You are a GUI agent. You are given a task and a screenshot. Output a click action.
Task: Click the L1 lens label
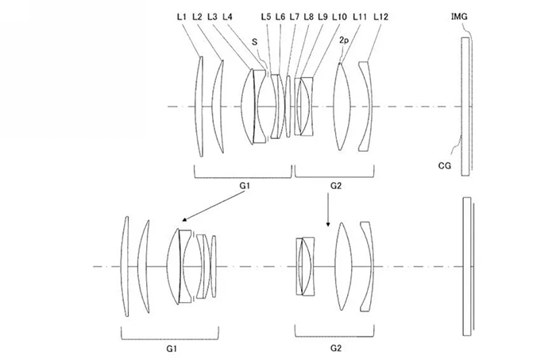[x=182, y=17]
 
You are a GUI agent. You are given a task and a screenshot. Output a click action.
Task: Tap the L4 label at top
[x=227, y=17]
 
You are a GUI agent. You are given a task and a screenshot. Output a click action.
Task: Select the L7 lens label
[x=295, y=17]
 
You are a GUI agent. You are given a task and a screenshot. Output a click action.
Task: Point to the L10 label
[x=339, y=17]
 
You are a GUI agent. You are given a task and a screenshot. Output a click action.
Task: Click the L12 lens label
[x=380, y=17]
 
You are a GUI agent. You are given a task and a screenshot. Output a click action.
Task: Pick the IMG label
[x=459, y=17]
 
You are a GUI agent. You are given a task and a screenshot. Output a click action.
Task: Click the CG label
[x=445, y=165]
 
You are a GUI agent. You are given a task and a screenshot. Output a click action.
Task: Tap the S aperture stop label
[x=255, y=42]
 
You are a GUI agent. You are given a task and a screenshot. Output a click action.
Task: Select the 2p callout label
[x=344, y=41]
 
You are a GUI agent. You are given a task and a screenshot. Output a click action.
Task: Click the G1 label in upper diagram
[x=245, y=185]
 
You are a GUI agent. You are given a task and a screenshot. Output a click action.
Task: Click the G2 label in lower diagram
[x=335, y=348]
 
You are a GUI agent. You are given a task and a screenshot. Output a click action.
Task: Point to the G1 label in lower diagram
[x=172, y=349]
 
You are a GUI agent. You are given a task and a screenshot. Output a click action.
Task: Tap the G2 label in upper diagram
[x=335, y=185]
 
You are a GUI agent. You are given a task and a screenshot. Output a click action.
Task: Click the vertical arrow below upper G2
[x=328, y=210]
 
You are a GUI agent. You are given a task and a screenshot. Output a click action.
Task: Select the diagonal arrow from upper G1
[x=214, y=206]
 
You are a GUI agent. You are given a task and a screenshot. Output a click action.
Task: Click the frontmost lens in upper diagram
[x=199, y=106]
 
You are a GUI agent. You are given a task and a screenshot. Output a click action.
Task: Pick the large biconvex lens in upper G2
[x=342, y=106]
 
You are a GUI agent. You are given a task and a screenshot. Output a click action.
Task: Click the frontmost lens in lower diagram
[x=125, y=266]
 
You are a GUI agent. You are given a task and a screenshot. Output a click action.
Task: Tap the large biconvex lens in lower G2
[x=343, y=266]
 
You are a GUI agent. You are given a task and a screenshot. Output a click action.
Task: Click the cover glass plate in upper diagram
[x=465, y=106]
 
